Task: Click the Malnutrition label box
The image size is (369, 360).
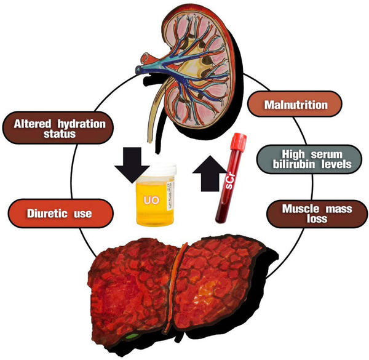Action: point(296,105)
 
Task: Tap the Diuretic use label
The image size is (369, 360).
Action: point(60,214)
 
